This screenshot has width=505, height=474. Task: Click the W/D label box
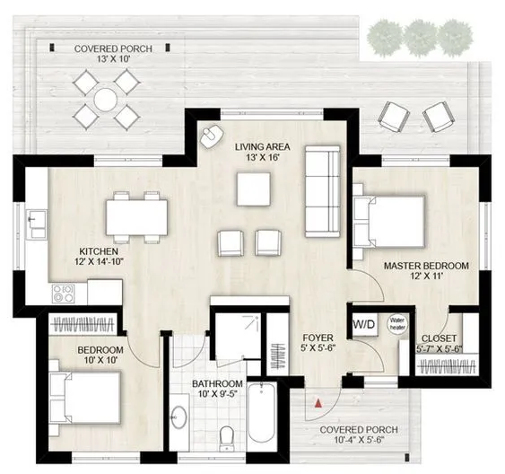[x=363, y=325]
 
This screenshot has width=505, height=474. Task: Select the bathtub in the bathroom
[x=261, y=412]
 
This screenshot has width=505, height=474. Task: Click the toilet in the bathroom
[x=227, y=437]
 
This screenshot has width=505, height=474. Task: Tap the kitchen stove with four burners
[x=63, y=293]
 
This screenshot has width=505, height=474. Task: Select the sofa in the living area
[x=321, y=192]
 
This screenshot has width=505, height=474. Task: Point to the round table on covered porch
[x=105, y=97]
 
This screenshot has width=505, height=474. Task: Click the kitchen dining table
[x=136, y=215]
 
